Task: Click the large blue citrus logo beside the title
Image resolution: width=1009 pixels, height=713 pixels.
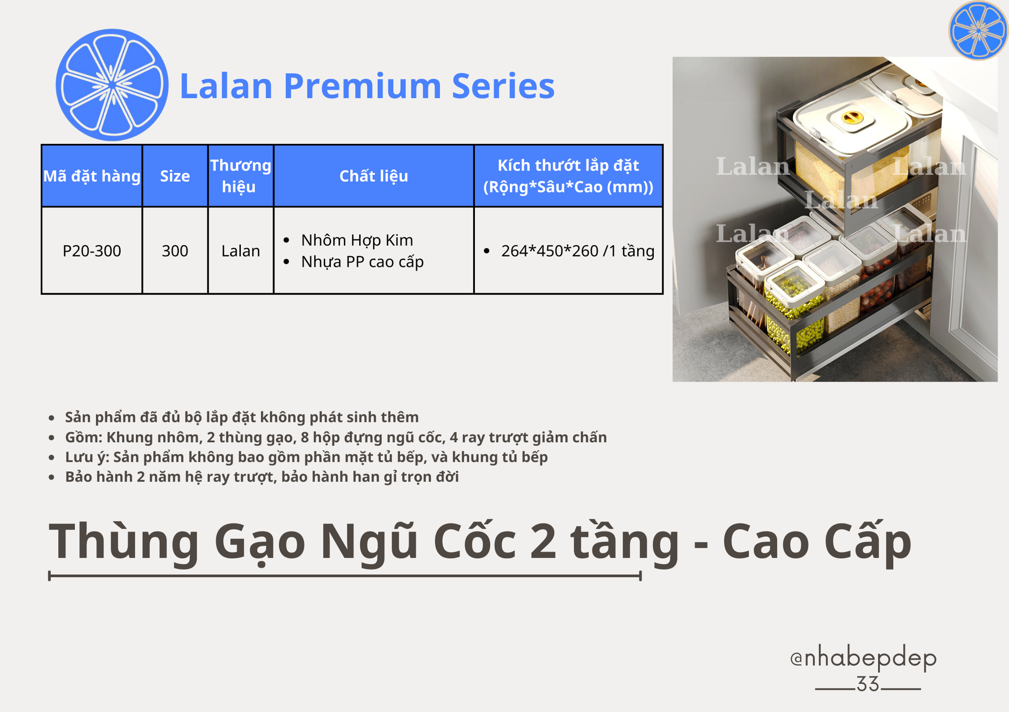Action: click(x=112, y=85)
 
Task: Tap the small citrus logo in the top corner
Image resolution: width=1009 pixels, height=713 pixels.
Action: click(x=978, y=31)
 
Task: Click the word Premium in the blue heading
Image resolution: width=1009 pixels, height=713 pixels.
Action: click(x=362, y=86)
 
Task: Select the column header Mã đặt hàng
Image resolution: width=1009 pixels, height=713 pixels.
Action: click(x=92, y=176)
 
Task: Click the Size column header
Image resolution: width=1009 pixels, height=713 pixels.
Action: click(x=175, y=176)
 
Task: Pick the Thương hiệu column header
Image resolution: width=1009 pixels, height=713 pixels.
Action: click(x=240, y=176)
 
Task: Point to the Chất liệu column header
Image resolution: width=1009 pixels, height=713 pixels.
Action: click(x=373, y=176)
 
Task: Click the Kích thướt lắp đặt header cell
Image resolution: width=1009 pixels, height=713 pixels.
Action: click(x=568, y=176)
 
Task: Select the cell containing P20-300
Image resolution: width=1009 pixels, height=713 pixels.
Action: click(x=92, y=251)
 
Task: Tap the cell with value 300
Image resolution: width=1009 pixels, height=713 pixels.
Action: click(x=175, y=251)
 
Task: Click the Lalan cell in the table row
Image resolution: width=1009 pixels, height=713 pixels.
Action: click(x=240, y=251)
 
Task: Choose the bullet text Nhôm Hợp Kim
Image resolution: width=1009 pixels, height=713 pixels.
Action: click(x=357, y=240)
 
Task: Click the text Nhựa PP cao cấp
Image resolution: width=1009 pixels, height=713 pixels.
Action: click(x=362, y=261)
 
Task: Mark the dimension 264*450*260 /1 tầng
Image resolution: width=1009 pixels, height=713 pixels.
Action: click(x=577, y=251)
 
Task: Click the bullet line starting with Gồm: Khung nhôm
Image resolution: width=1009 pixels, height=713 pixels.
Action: click(x=336, y=437)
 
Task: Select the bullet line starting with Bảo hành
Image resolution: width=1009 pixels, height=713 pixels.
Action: click(x=262, y=477)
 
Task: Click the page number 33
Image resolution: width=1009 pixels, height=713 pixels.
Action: click(x=868, y=684)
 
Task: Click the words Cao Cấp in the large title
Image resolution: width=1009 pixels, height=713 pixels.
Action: click(x=817, y=542)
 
